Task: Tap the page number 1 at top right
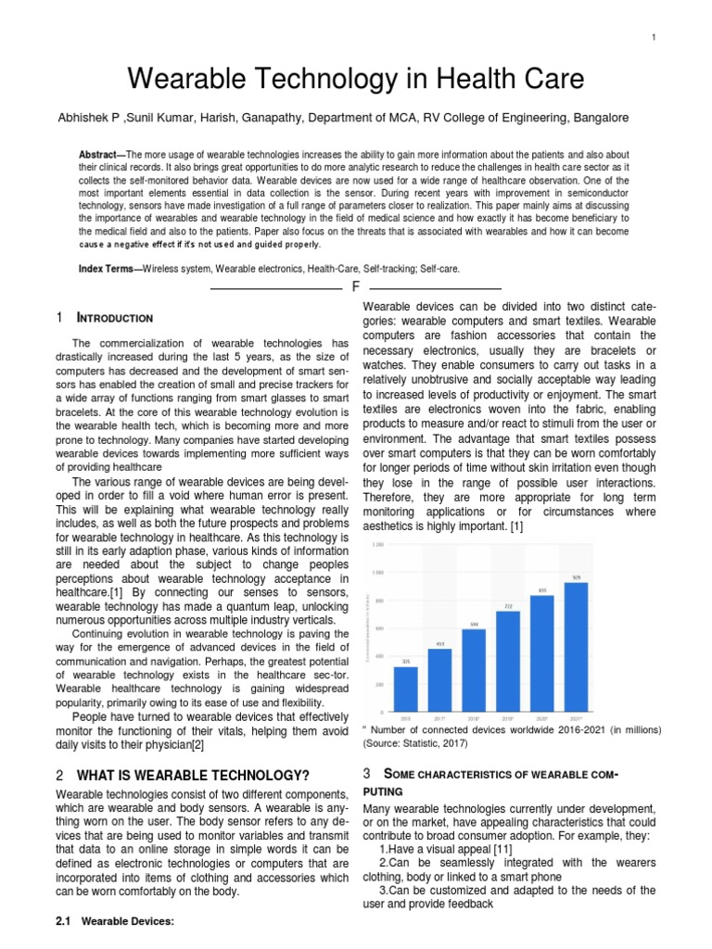click(654, 37)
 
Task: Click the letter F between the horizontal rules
click(355, 288)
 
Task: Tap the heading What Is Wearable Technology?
click(193, 775)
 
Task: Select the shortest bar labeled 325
click(406, 687)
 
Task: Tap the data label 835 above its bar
click(542, 589)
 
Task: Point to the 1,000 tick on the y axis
click(377, 573)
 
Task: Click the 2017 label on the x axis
click(440, 716)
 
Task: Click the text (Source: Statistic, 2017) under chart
click(416, 743)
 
